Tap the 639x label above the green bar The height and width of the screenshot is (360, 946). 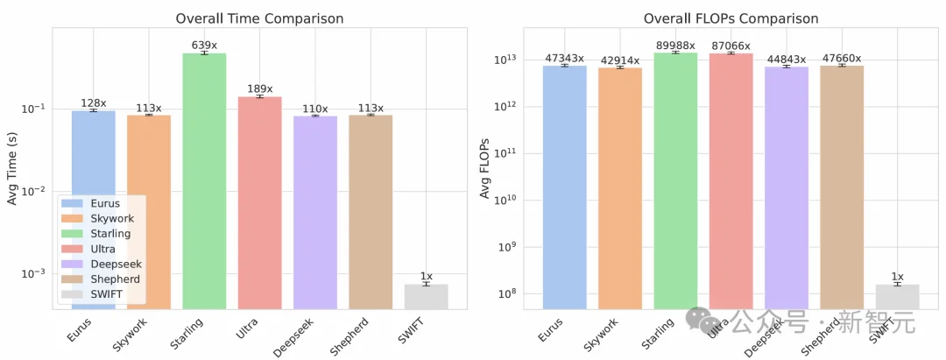tap(204, 45)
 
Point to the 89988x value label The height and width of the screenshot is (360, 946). tap(675, 45)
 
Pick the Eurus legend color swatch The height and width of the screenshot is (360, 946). tap(72, 203)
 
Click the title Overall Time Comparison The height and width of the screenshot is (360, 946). tap(259, 18)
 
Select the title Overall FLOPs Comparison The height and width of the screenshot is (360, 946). tap(731, 18)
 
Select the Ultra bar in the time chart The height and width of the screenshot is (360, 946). tap(259, 201)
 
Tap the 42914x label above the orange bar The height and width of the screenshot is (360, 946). tap(620, 60)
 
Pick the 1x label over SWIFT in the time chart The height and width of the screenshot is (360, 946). tap(427, 276)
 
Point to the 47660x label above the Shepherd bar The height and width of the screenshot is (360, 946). tap(842, 58)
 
